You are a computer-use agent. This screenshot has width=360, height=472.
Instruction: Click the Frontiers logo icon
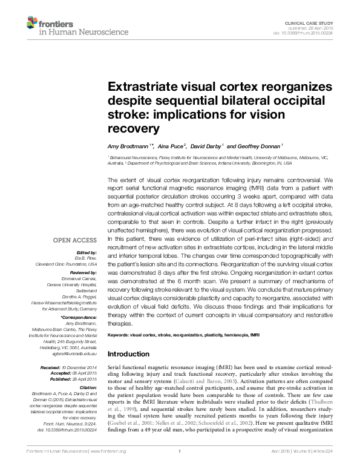pos(31,24)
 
